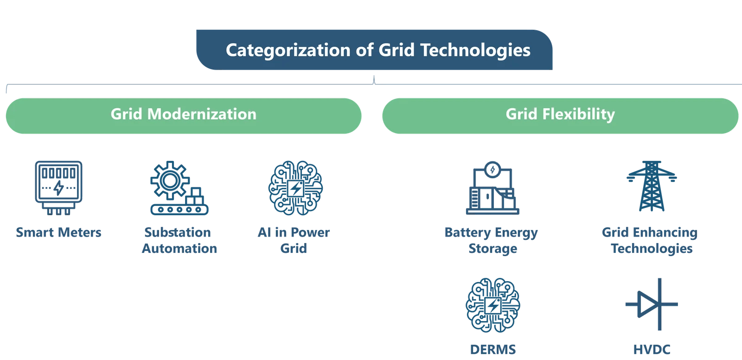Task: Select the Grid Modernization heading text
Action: coord(183,114)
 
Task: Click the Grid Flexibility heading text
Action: coord(560,114)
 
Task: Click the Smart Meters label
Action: coord(59,232)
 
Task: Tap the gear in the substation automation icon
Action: coord(169,180)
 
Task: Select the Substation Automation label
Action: coord(179,240)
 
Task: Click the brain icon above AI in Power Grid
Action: coord(295,187)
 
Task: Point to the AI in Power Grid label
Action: coord(294,240)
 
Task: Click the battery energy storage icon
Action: coord(493,188)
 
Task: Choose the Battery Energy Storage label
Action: coord(492,240)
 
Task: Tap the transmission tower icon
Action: coord(651,186)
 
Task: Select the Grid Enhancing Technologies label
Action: coord(650,240)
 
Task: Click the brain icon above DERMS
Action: coord(493,305)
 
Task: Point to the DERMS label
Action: coord(493,349)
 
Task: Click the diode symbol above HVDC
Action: coord(651,304)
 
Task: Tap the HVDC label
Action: coord(652,349)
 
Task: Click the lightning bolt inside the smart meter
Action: coord(59,188)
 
